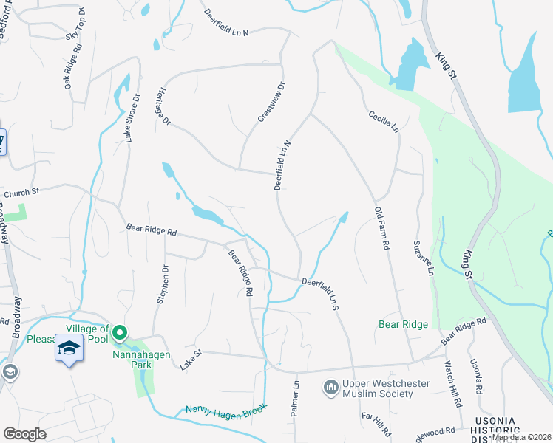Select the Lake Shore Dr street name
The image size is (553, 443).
[132, 118]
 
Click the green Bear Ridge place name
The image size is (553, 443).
[403, 324]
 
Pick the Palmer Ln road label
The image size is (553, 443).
[294, 398]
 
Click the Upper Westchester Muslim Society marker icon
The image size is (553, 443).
[330, 387]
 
